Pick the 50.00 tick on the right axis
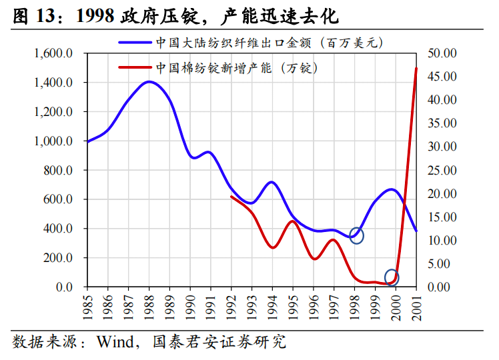click(x=441, y=53)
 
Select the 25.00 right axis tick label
click(x=441, y=170)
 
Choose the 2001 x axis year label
click(x=417, y=308)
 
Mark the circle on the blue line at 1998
click(x=356, y=235)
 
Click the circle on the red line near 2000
click(x=392, y=277)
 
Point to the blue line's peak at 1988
click(x=149, y=82)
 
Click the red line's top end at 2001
click(x=417, y=69)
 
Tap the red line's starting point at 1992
click(x=231, y=197)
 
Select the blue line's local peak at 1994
click(x=271, y=182)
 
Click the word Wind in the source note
click(x=115, y=343)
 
